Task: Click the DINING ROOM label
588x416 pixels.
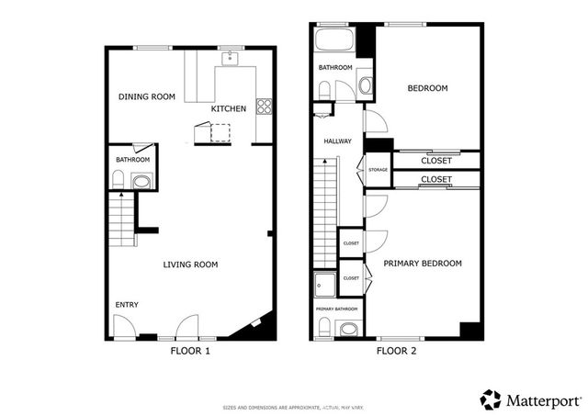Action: click(x=146, y=96)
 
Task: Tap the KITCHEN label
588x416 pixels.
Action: click(x=228, y=109)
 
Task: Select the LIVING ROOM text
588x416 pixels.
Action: click(x=190, y=264)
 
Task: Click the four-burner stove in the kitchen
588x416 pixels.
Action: click(x=264, y=106)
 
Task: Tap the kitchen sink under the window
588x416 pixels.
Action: click(x=230, y=61)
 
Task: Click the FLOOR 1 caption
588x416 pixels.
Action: click(x=191, y=351)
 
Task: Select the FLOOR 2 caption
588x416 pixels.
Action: click(x=397, y=351)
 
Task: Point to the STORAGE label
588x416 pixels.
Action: click(x=378, y=170)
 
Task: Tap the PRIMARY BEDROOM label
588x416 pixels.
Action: click(x=423, y=264)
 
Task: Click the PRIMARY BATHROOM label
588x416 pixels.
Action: click(x=336, y=309)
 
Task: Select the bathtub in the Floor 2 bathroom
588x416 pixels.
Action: click(x=333, y=42)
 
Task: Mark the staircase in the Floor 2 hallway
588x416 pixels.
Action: click(x=325, y=208)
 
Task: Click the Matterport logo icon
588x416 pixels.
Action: click(x=492, y=399)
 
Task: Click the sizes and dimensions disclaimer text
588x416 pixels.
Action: click(x=293, y=407)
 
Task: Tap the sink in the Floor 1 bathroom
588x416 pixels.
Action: click(x=141, y=182)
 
